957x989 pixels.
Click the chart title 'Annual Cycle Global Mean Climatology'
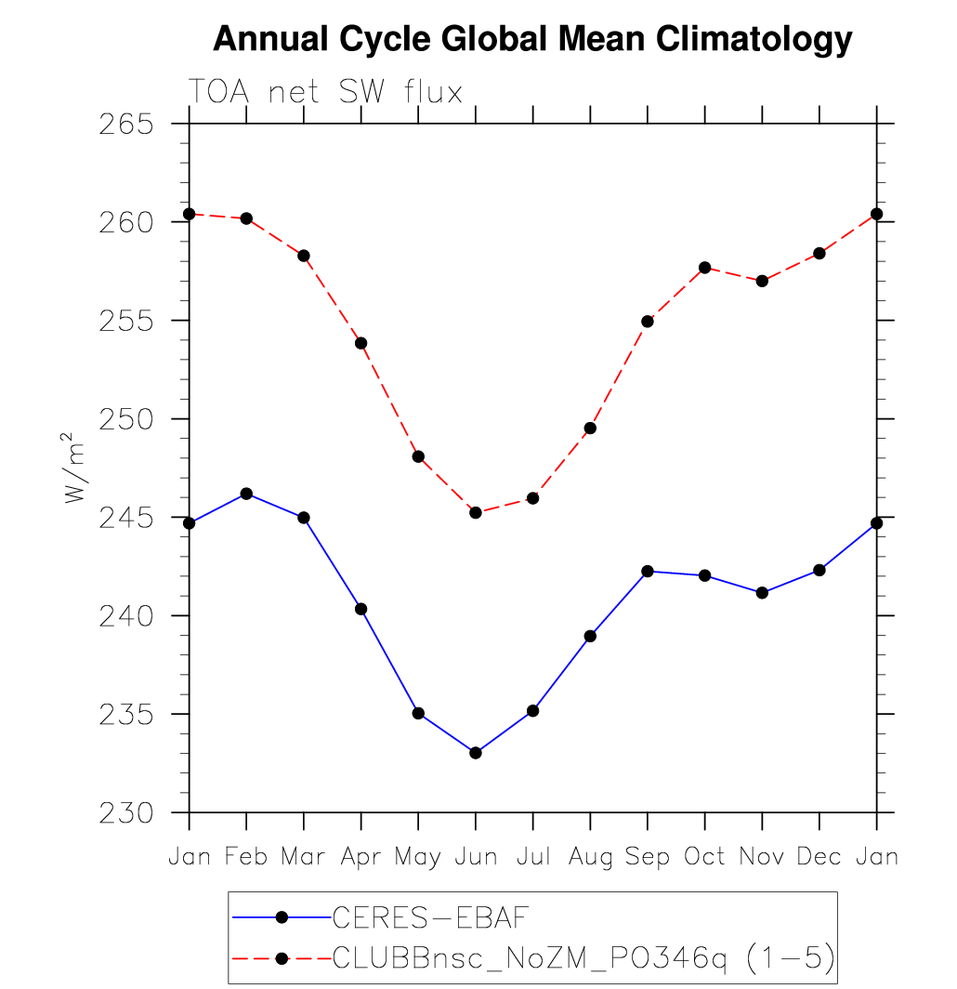pyautogui.click(x=532, y=39)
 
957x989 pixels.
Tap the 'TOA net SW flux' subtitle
pyautogui.click(x=325, y=92)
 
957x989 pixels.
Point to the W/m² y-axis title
pyautogui.click(x=75, y=468)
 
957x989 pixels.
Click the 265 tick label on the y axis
pyautogui.click(x=125, y=124)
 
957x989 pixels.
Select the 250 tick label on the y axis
pyautogui.click(x=125, y=419)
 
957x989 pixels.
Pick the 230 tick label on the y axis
pyautogui.click(x=125, y=813)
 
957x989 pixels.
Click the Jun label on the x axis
pyautogui.click(x=476, y=856)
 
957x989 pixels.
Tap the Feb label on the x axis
pyautogui.click(x=246, y=856)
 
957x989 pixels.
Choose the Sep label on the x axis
pyautogui.click(x=648, y=856)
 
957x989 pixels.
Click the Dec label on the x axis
pyautogui.click(x=819, y=856)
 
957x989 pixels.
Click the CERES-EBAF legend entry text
pyautogui.click(x=430, y=917)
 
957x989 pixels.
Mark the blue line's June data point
pyautogui.click(x=476, y=753)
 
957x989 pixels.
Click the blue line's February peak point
pyautogui.click(x=246, y=494)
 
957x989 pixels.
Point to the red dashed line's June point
pyautogui.click(x=476, y=512)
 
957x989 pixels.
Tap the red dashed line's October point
pyautogui.click(x=704, y=268)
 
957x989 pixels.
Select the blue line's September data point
pyautogui.click(x=648, y=571)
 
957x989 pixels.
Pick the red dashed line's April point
pyautogui.click(x=361, y=343)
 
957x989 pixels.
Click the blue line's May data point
pyautogui.click(x=418, y=713)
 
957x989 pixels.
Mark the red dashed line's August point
pyautogui.click(x=590, y=429)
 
